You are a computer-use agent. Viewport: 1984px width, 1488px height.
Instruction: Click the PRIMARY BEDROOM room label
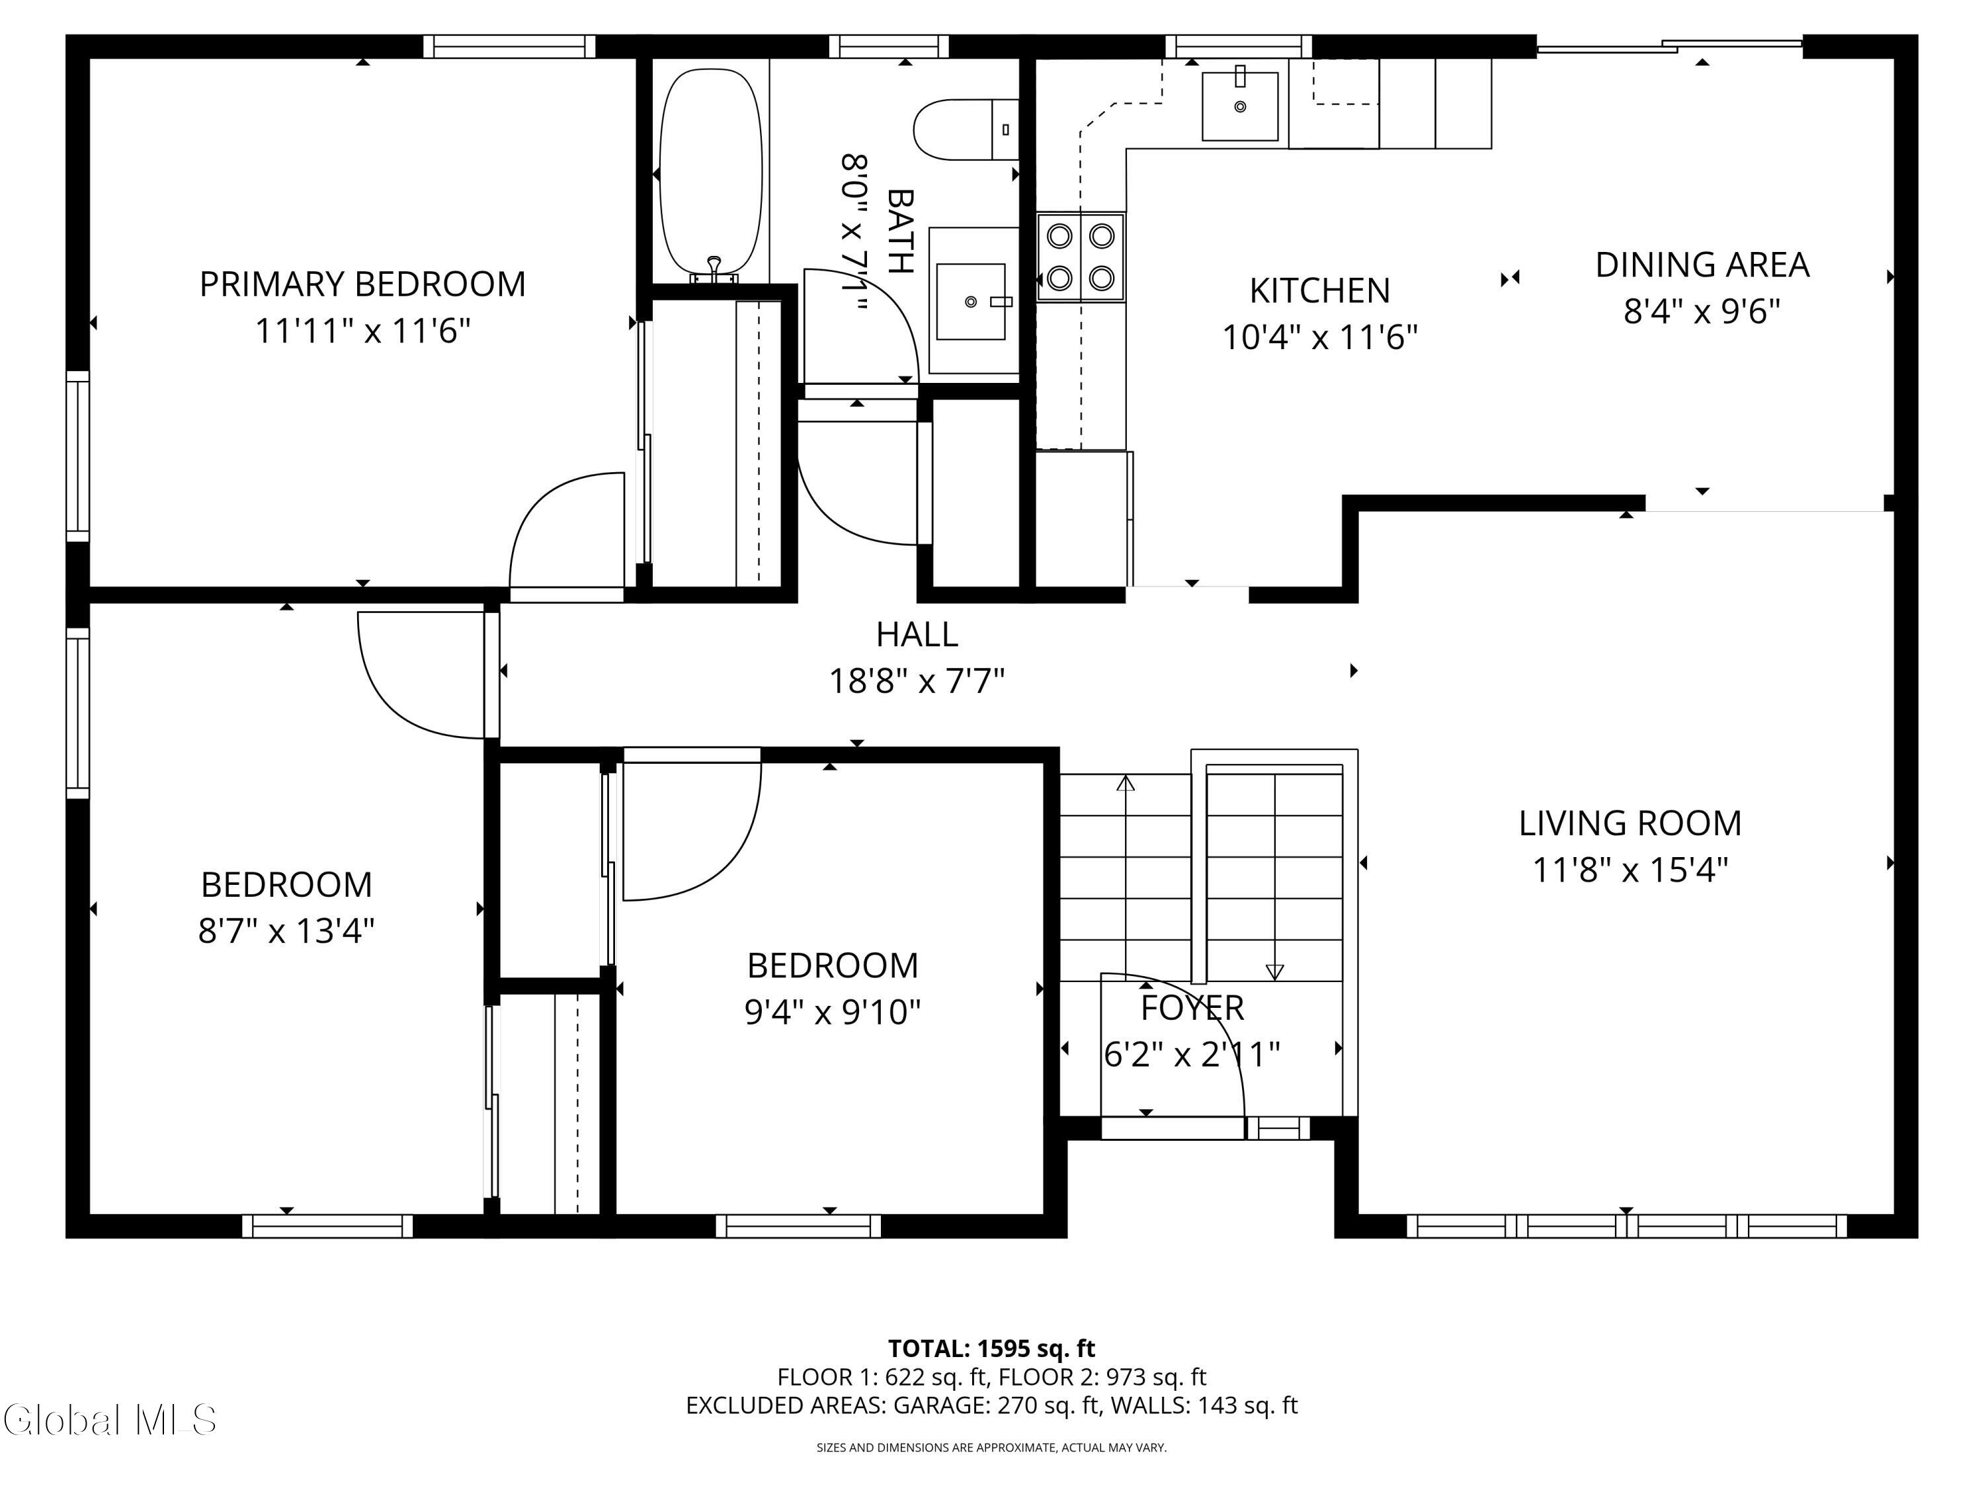tap(362, 284)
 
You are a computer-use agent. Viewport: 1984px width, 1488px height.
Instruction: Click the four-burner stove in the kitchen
tap(1081, 257)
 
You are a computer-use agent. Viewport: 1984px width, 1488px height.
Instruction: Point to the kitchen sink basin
tap(1241, 106)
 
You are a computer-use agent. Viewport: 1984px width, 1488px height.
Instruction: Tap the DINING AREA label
tap(1702, 265)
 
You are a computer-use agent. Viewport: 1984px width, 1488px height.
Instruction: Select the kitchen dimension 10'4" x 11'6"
tap(1320, 338)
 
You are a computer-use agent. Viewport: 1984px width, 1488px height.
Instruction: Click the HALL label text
tap(917, 635)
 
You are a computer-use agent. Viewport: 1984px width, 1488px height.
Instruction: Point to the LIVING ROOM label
tap(1630, 823)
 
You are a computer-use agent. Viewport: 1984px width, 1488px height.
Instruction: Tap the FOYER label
tap(1192, 1008)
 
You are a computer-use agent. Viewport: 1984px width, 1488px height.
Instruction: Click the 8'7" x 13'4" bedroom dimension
tap(286, 931)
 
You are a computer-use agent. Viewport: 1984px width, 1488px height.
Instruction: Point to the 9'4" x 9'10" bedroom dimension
tap(833, 1013)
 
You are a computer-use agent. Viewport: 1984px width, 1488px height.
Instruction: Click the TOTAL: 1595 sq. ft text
tap(991, 1348)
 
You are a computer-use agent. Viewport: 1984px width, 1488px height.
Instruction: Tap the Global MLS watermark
tap(109, 1419)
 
